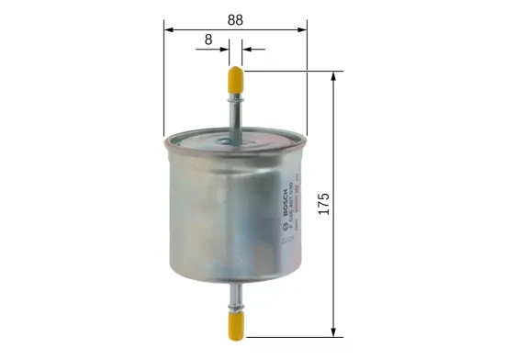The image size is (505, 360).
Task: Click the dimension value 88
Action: coord(236,17)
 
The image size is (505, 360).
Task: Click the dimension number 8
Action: coord(209,39)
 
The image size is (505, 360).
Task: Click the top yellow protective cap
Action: coord(236,81)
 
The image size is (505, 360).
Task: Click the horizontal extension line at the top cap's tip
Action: coord(294,69)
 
